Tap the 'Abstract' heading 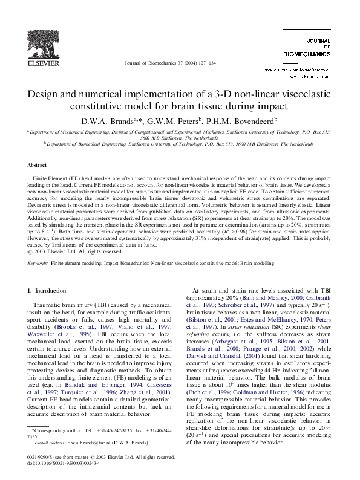[38, 165]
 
